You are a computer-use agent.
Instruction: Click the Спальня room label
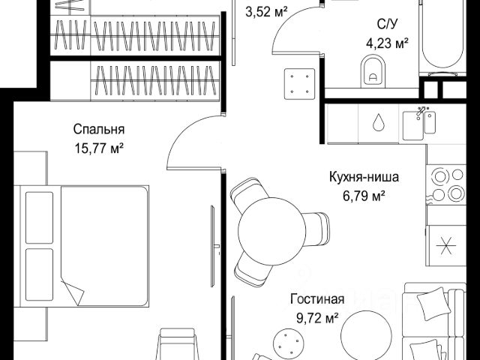point(100,129)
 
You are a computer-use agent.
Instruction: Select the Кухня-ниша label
point(364,178)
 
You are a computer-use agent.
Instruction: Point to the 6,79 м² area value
point(364,196)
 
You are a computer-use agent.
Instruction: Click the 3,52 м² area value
point(267,10)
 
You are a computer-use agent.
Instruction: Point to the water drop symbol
point(379,122)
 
